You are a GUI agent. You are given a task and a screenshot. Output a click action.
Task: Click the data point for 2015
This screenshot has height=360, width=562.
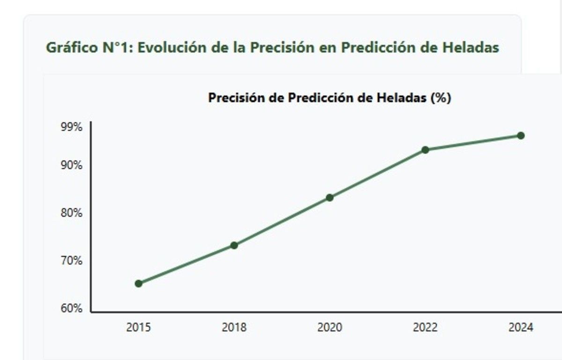139,283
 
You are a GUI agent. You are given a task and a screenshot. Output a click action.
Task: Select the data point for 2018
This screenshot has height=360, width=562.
234,245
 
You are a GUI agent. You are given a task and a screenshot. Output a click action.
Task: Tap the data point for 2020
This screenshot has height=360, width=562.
330,198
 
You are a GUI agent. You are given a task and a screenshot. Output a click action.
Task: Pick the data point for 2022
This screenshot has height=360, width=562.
425,150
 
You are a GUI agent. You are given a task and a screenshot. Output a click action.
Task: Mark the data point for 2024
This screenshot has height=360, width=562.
520,136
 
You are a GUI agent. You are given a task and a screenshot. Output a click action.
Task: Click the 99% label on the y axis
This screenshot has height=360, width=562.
72,127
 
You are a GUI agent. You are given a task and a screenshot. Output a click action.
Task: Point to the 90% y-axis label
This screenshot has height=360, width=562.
72,165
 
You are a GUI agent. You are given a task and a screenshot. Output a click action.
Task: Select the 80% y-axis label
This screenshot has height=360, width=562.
72,213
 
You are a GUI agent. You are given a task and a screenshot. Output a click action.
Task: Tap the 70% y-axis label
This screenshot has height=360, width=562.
72,261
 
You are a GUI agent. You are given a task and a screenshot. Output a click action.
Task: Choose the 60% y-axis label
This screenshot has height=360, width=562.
72,309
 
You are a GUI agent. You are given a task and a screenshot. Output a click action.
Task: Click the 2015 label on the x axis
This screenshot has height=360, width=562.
139,327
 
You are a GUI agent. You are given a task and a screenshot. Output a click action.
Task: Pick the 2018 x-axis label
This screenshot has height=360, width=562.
234,327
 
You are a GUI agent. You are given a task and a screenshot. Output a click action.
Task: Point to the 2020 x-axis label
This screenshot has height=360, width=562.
330,327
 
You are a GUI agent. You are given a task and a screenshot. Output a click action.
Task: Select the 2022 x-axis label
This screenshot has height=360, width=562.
425,327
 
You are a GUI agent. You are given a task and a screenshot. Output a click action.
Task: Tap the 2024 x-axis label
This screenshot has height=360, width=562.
520,327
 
